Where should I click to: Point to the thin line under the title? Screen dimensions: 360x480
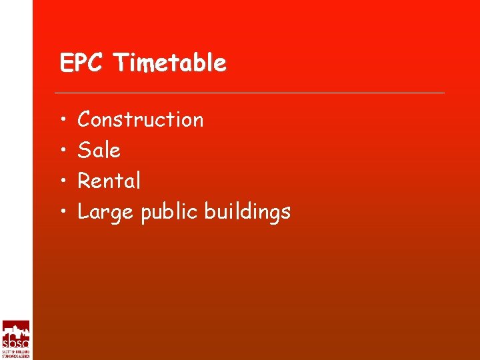249,93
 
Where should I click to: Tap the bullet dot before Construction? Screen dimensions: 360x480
61,120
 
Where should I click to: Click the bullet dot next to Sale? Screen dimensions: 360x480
61,151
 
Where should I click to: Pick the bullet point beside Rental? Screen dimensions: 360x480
61,181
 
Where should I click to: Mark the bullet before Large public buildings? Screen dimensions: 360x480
61,212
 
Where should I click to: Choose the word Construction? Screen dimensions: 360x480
141,120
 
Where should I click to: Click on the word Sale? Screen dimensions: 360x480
99,151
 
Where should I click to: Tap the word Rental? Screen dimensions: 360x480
109,181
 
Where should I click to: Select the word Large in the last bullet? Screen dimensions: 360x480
105,213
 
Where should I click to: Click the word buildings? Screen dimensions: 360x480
247,213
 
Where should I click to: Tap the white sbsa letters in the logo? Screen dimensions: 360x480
15,342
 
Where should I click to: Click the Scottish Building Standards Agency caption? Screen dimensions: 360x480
15,354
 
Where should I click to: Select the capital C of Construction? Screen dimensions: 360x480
85,120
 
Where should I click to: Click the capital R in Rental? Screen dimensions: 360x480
84,181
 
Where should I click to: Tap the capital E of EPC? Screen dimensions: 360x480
65,63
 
